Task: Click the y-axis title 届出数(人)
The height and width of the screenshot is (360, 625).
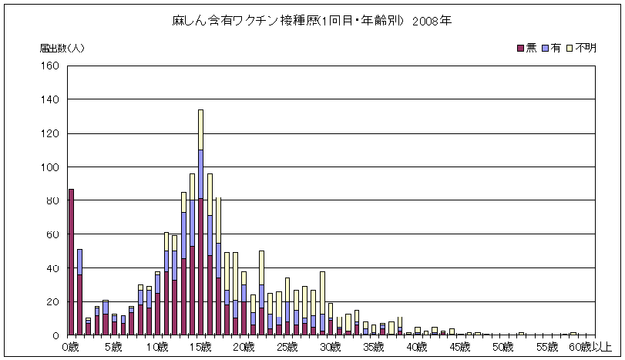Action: (x=62, y=48)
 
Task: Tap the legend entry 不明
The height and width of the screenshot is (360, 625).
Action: (x=580, y=48)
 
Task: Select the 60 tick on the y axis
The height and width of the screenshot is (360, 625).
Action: (x=53, y=234)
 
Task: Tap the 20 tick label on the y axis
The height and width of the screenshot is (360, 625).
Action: (x=53, y=301)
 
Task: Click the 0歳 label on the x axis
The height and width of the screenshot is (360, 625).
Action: (x=70, y=347)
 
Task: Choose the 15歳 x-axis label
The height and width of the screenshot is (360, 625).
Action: (x=200, y=347)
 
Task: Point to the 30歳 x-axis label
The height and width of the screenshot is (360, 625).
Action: (x=331, y=347)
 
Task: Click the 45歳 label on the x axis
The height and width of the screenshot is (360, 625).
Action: (x=462, y=347)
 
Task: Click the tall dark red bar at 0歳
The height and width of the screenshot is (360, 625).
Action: (x=71, y=262)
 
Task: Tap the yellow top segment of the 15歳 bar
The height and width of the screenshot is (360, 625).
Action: (x=200, y=130)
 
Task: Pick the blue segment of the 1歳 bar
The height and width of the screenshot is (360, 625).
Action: (x=79, y=261)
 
